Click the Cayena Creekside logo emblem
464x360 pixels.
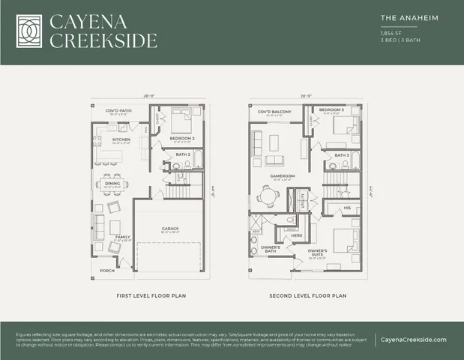tap(28, 31)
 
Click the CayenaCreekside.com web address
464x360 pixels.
tap(413, 339)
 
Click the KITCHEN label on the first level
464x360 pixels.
tap(121, 139)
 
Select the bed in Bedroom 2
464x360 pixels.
tap(183, 121)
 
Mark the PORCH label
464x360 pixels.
tap(107, 271)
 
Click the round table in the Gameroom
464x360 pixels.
tap(268, 197)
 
